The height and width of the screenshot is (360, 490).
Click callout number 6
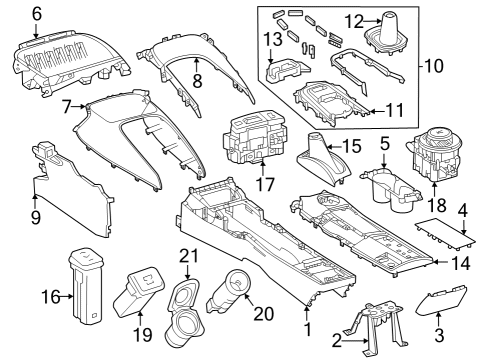[x=37, y=13]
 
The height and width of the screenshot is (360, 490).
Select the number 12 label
[x=356, y=21]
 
